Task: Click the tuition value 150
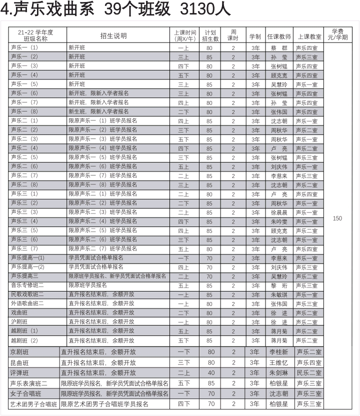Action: click(x=337, y=218)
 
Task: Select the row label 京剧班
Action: click(x=19, y=352)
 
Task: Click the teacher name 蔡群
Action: click(x=279, y=48)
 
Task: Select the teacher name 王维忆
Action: click(x=279, y=362)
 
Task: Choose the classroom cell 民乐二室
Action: click(x=308, y=373)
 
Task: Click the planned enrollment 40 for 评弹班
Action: click(x=211, y=373)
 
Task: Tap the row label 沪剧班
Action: click(x=19, y=322)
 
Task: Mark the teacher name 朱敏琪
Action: click(x=279, y=295)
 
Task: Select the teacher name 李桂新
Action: click(x=279, y=352)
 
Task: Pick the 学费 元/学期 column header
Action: click(x=337, y=34)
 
